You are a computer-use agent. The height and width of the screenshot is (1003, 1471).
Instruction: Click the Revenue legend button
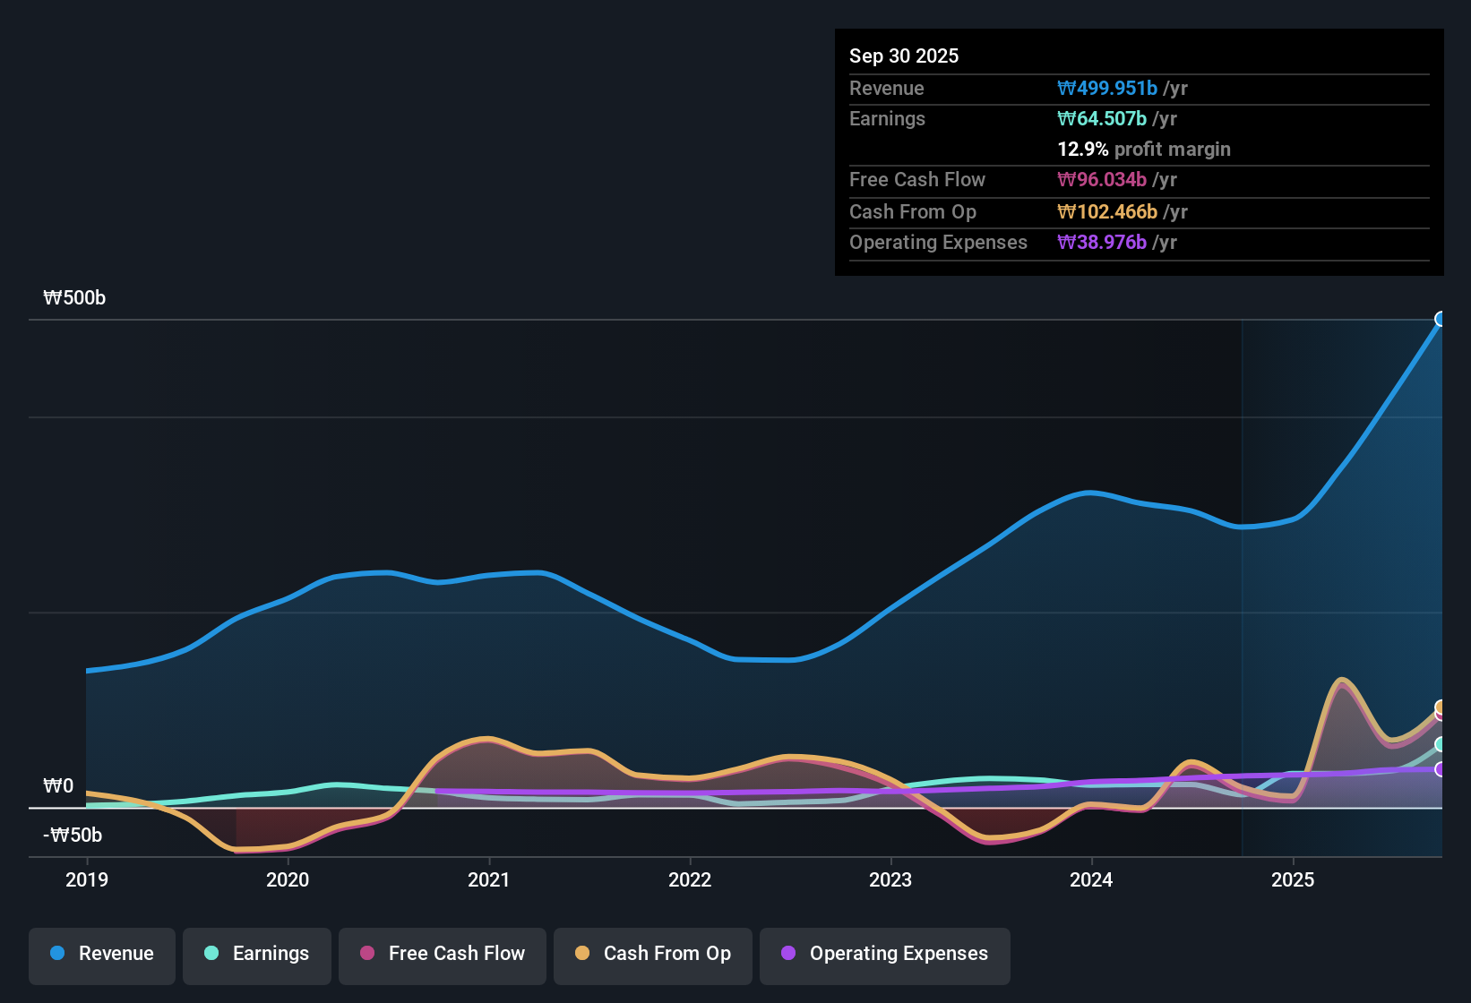coord(102,954)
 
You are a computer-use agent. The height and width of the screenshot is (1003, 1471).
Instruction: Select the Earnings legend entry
coord(257,954)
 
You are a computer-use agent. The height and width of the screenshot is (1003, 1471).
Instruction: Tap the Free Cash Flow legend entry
coord(443,954)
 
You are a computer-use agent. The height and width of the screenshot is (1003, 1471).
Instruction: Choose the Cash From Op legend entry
coord(653,954)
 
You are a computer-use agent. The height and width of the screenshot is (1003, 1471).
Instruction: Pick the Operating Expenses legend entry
coord(885,954)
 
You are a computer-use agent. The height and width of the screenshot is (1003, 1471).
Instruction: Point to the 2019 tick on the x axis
coord(87,879)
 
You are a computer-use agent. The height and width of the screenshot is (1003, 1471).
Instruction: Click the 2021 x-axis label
coord(489,879)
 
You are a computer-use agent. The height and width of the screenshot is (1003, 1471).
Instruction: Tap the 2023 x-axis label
coord(890,879)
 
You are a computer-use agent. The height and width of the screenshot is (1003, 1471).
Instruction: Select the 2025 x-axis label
coord(1293,879)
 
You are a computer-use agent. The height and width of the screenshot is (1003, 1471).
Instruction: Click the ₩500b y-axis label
coord(74,298)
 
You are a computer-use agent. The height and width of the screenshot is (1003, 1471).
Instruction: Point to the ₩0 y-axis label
coord(58,786)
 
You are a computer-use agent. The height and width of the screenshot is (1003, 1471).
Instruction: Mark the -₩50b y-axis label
coord(73,836)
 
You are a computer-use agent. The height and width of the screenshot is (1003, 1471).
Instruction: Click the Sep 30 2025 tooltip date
coord(904,56)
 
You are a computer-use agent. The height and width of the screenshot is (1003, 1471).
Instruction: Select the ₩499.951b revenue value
coord(1107,88)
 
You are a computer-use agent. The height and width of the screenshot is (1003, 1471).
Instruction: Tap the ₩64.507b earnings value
coord(1102,118)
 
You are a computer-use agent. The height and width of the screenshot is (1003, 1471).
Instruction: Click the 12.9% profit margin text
coord(1144,149)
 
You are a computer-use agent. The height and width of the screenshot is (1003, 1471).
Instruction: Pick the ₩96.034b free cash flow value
coord(1102,179)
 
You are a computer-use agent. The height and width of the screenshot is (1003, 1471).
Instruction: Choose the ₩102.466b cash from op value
coord(1107,211)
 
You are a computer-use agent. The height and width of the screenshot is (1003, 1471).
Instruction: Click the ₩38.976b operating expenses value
coord(1102,242)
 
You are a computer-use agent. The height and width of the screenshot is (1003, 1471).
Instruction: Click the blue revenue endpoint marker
coord(1440,319)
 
